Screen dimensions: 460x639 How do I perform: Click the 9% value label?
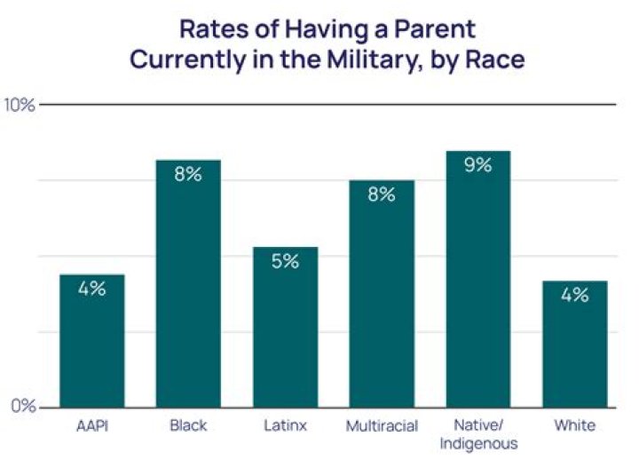coord(478,164)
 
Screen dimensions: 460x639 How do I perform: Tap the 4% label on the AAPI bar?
coord(91,289)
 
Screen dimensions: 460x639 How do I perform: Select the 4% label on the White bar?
coord(575,295)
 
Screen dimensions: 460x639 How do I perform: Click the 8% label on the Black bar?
coord(188,174)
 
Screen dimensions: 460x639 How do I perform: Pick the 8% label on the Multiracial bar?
coord(382,194)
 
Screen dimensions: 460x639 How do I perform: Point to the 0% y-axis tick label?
coord(21,407)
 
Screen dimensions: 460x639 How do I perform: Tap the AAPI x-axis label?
coord(91,426)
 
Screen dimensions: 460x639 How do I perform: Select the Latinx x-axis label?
coord(285,426)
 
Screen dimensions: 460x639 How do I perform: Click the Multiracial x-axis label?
coord(382,426)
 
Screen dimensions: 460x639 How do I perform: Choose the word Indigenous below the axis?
coord(478,442)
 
